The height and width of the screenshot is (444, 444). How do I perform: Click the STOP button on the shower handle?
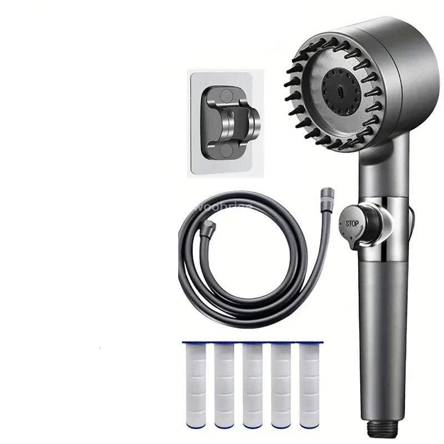click(353, 224)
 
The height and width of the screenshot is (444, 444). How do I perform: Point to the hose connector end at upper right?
click(325, 195)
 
